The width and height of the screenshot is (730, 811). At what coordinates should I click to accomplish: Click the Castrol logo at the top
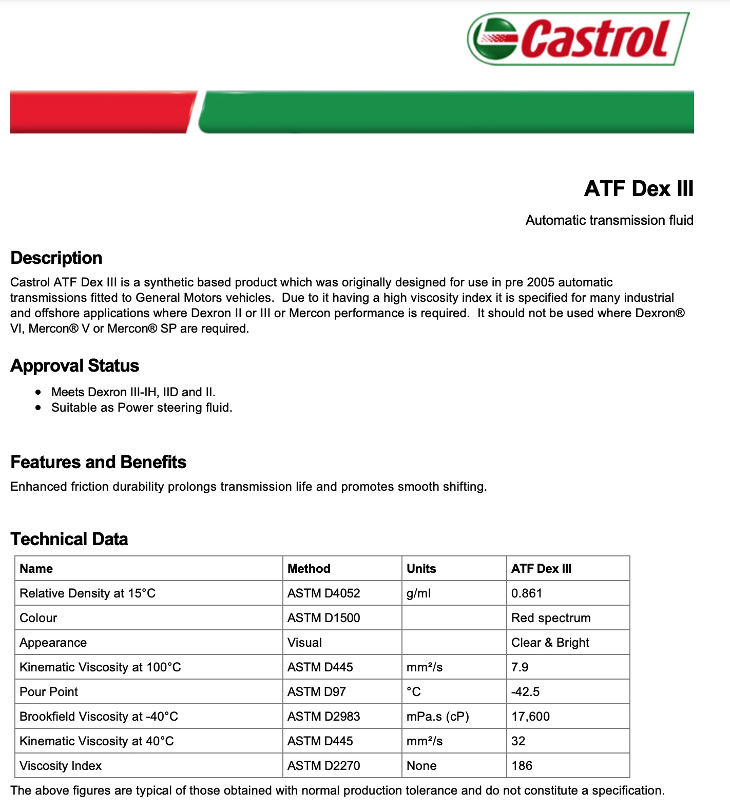(x=578, y=39)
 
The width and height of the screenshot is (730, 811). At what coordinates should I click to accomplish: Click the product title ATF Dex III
(x=639, y=188)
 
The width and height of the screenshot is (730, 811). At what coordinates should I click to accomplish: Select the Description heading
(x=56, y=258)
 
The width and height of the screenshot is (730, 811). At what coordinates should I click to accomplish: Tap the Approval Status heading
(x=75, y=365)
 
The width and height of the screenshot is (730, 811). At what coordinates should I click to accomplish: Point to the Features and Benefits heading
(x=99, y=462)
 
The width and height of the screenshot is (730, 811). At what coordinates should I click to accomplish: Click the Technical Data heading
(x=69, y=539)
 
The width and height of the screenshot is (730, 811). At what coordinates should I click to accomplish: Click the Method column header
(x=309, y=569)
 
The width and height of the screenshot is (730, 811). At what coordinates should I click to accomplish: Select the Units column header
(x=421, y=569)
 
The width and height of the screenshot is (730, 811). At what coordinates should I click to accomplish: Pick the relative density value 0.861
(x=527, y=593)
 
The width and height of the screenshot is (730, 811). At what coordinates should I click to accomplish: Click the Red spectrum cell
(x=551, y=618)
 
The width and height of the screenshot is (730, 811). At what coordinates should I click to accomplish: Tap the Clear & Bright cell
(x=550, y=643)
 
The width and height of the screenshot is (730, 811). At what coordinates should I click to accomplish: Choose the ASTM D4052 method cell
(x=324, y=593)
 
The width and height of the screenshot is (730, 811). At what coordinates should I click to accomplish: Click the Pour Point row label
(x=49, y=692)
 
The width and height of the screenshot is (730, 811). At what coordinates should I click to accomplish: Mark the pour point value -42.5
(x=526, y=692)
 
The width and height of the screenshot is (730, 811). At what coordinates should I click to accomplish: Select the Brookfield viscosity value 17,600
(x=531, y=717)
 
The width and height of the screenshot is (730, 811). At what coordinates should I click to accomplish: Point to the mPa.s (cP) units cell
(x=438, y=717)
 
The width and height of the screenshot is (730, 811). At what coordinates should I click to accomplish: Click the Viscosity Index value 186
(x=522, y=766)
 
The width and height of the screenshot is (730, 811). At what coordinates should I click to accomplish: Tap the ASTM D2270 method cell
(x=324, y=766)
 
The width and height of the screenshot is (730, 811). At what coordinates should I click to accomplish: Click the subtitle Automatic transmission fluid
(x=609, y=220)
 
